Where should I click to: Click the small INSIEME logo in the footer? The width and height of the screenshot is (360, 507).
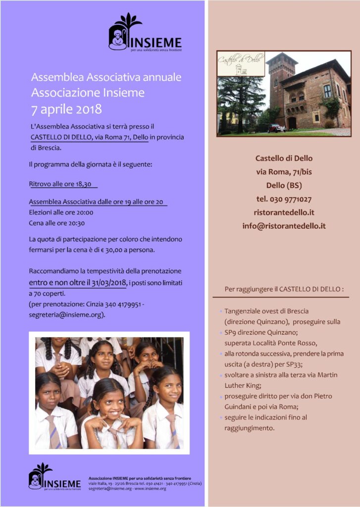coord(54,476)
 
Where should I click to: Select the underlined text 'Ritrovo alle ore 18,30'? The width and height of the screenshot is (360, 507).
coord(60,184)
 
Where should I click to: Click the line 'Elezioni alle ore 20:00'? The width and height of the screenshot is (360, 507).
coord(61,212)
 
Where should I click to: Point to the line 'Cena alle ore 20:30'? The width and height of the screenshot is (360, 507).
coord(57,223)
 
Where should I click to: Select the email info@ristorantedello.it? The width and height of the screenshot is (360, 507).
coord(284,226)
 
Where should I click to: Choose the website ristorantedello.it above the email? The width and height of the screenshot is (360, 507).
coord(284,212)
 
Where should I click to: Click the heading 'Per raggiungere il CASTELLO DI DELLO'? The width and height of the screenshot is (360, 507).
coord(280,289)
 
